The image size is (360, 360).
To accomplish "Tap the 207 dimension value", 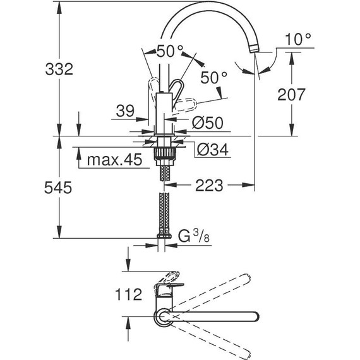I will point(292,95).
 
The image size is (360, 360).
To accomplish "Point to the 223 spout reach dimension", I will point(208,186).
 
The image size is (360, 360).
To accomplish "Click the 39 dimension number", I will point(125,112).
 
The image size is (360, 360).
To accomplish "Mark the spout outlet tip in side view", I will point(255,49).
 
